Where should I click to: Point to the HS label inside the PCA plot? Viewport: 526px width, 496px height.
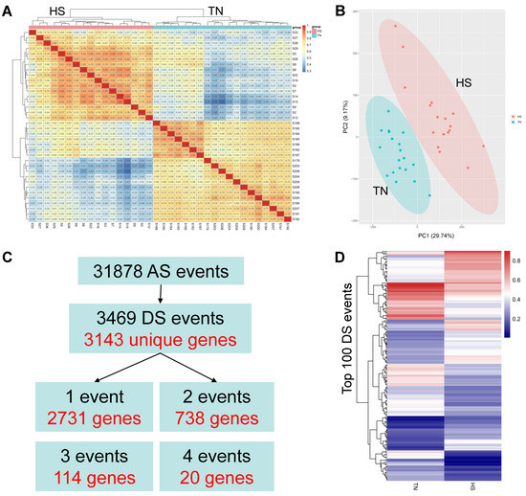point(465,84)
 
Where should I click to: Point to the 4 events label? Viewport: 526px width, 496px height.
point(230,454)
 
